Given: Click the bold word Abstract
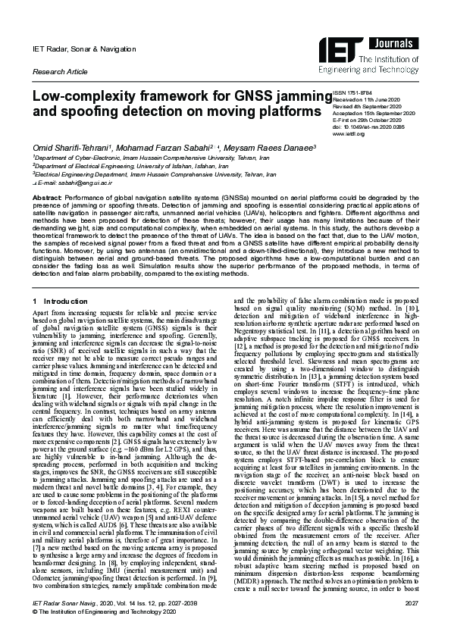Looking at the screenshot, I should (46, 197).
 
